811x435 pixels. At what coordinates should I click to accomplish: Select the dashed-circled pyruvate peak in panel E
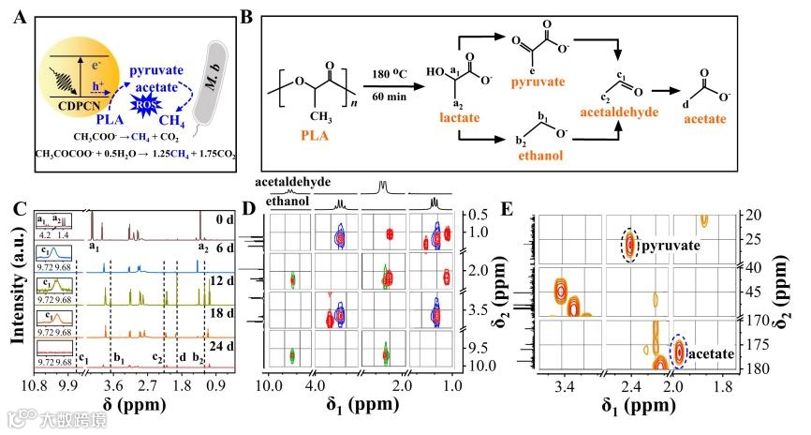pos(630,247)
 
